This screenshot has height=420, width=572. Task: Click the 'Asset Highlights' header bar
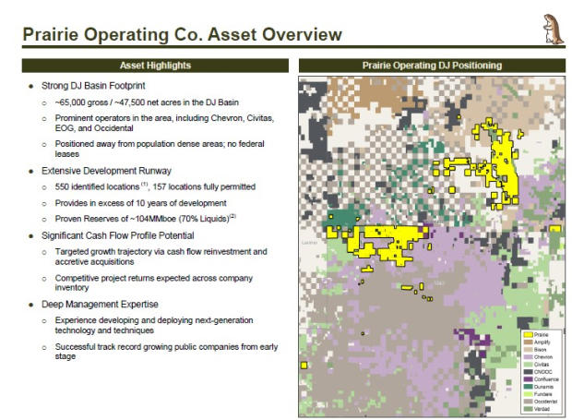point(154,66)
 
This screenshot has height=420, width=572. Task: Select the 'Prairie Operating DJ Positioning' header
point(433,66)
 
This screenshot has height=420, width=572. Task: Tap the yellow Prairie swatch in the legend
point(527,335)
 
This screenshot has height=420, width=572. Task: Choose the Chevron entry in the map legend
point(542,357)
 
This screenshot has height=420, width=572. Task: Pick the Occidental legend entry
point(545,402)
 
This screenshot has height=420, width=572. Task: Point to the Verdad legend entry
point(542,409)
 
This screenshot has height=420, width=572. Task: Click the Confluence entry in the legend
point(545,379)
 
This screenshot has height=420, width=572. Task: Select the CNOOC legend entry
point(542,372)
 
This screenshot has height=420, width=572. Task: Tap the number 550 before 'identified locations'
point(62,186)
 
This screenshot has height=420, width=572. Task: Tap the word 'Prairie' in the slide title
point(55,35)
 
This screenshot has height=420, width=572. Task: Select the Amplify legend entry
point(542,342)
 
